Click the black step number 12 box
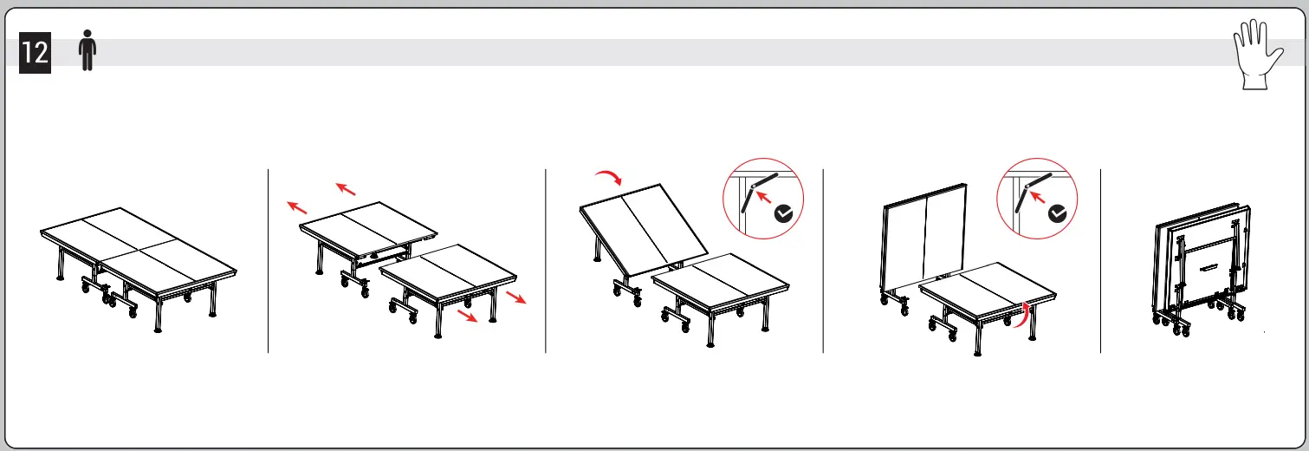click(35, 53)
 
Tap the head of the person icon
click(86, 37)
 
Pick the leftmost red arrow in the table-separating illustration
click(297, 207)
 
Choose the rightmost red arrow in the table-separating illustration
click(516, 298)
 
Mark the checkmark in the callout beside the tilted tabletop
click(784, 213)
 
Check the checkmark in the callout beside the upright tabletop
click(1058, 213)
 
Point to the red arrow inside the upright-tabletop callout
click(1037, 197)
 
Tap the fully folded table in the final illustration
click(1204, 269)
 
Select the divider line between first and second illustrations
click(268, 260)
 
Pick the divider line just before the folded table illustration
click(1100, 260)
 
